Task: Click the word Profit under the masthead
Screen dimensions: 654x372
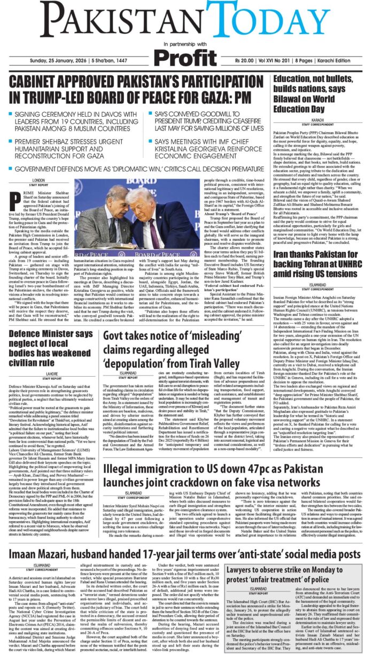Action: [x=185, y=57]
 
